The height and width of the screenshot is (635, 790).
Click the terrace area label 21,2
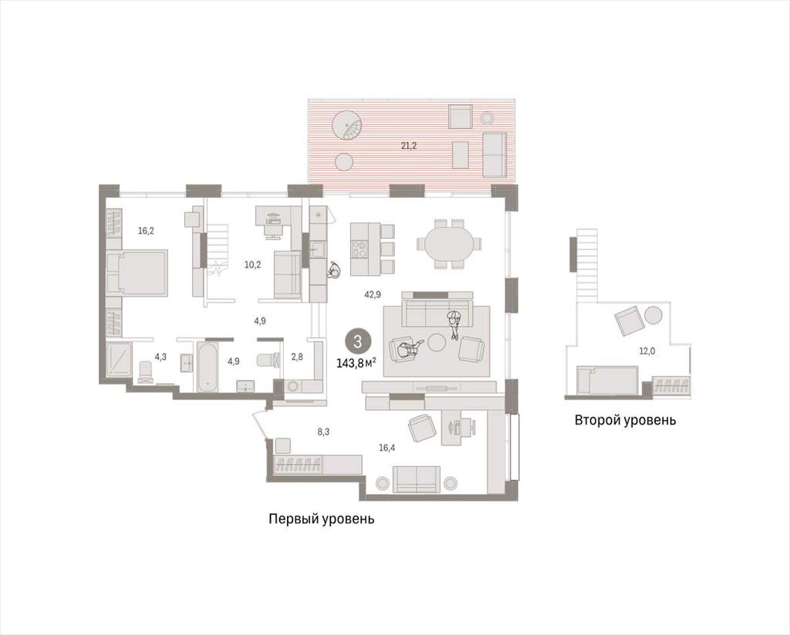(409, 146)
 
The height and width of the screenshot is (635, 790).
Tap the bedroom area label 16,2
(146, 231)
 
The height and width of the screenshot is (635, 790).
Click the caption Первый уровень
(322, 519)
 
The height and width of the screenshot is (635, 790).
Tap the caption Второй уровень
(625, 420)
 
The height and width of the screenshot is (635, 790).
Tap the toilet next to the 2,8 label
(268, 360)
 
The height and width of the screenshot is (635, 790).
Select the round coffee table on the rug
(437, 343)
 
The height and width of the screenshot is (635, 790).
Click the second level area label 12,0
(647, 351)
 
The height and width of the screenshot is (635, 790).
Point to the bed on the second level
(607, 379)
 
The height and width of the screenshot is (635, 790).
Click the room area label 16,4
(387, 446)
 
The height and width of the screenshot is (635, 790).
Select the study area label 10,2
(252, 264)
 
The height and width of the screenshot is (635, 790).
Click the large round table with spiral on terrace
(346, 124)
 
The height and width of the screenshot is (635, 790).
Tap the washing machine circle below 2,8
(294, 386)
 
